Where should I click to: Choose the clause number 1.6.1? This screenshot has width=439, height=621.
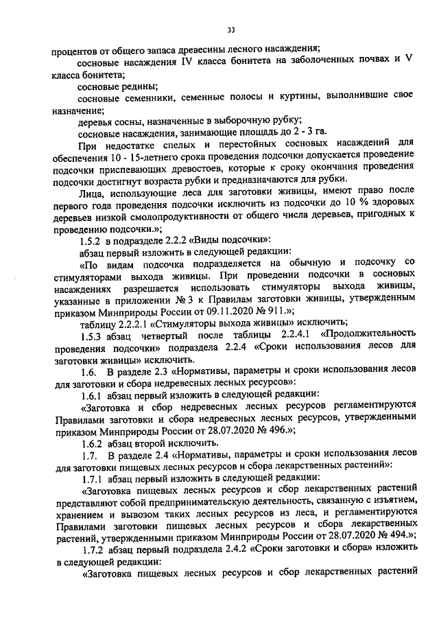[92, 395]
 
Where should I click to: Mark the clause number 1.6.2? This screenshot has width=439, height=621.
[92, 444]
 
